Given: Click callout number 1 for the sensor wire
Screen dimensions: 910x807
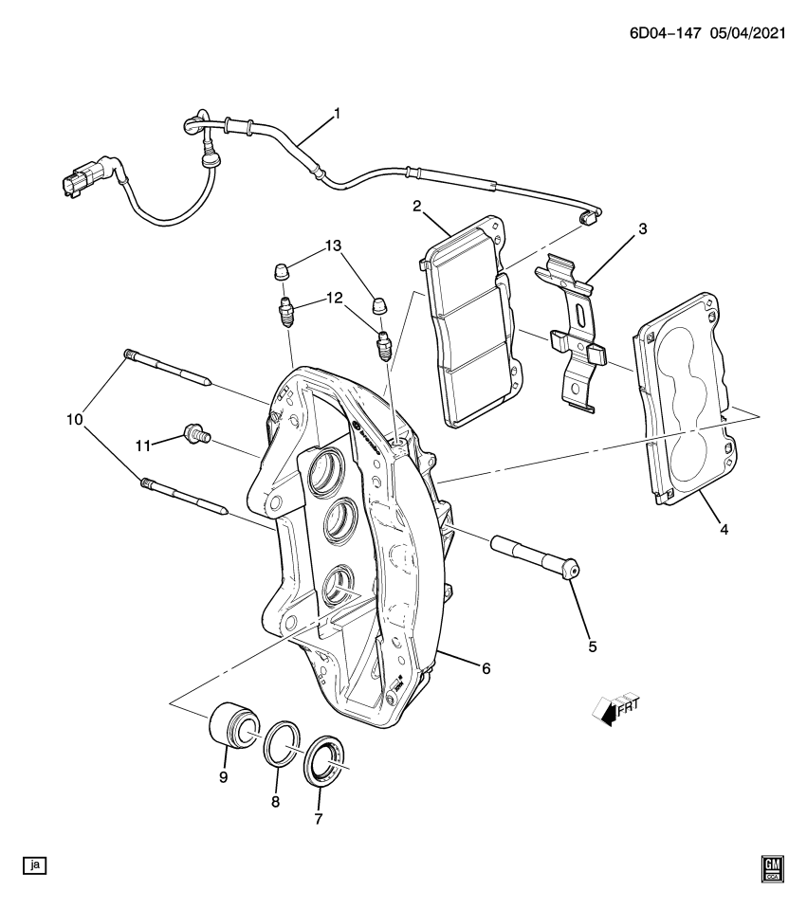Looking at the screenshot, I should point(336,116).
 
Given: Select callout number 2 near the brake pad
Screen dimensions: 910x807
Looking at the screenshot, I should point(416,206).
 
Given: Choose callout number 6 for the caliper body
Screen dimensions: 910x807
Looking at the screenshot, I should point(486,668).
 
